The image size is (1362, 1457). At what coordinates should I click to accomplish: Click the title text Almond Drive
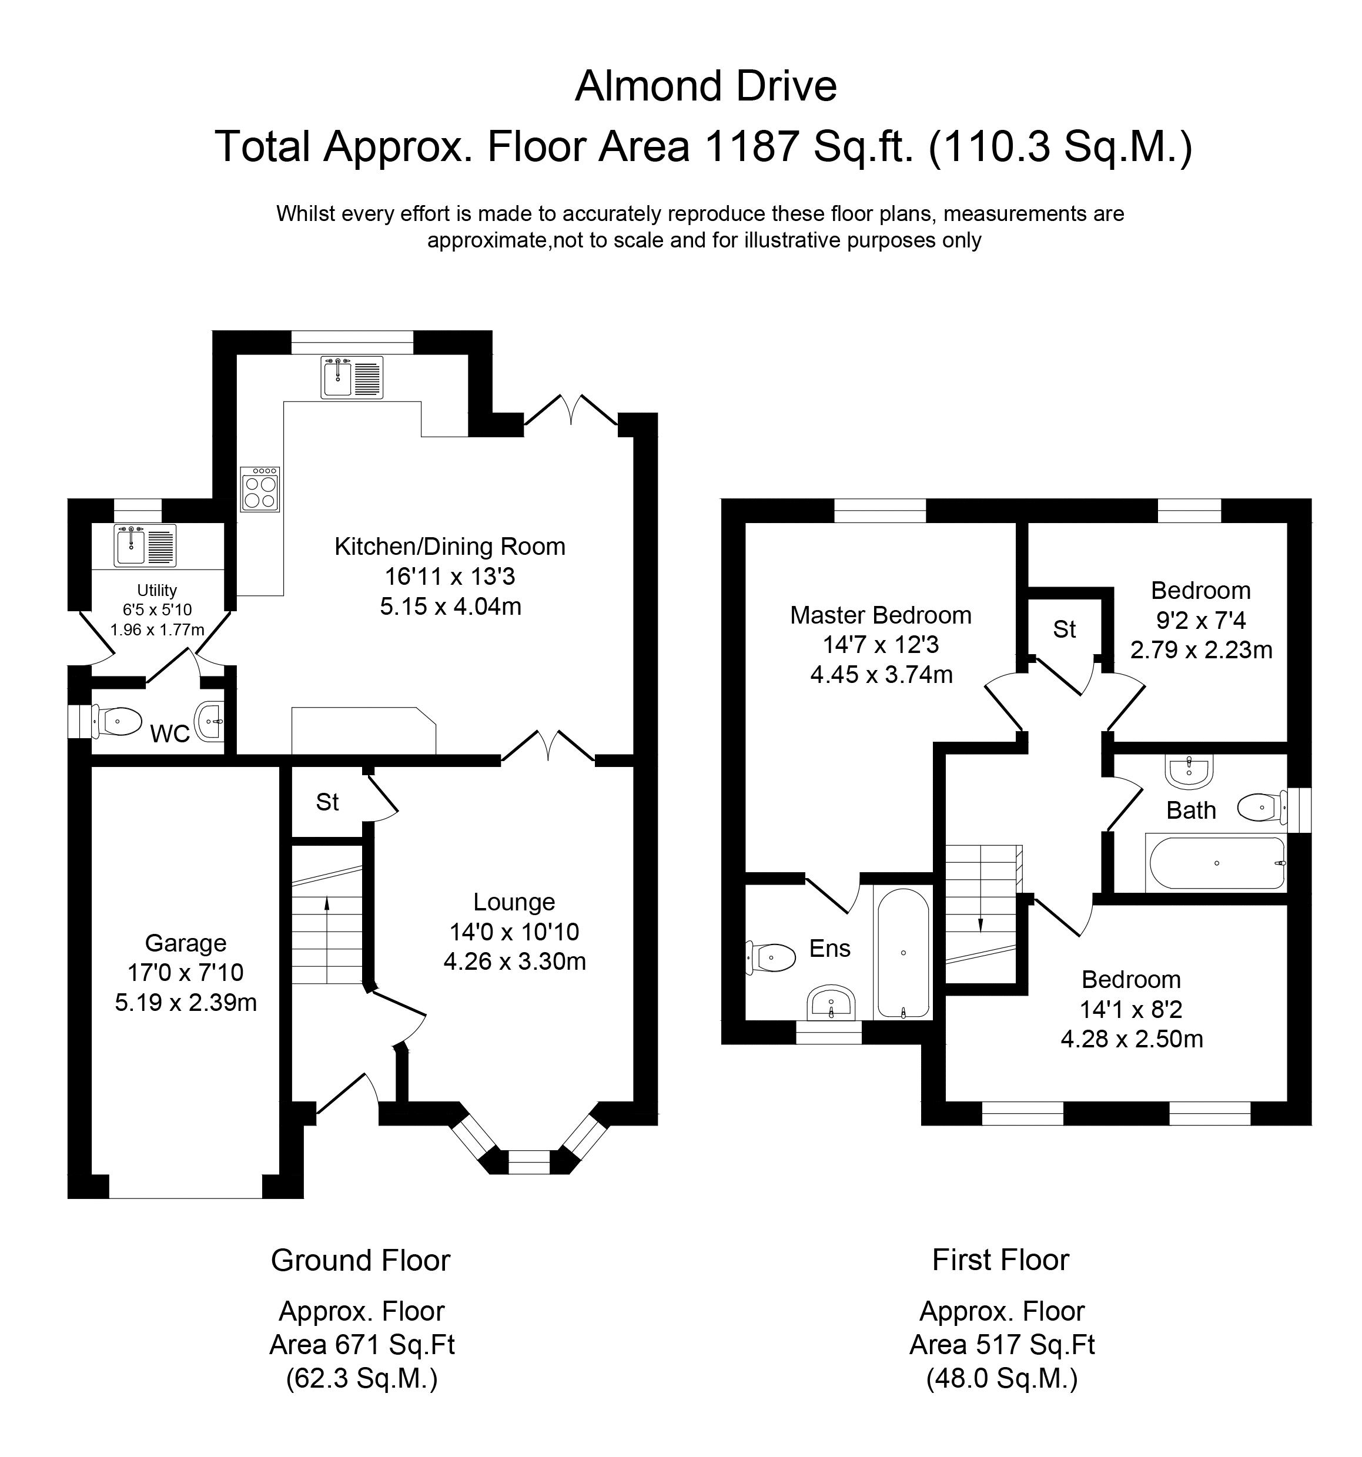coord(705,86)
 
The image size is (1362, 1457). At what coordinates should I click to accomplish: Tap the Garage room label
coord(186,943)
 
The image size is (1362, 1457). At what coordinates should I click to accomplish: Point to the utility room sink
coord(145,546)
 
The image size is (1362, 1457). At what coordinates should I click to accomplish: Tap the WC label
coord(170,733)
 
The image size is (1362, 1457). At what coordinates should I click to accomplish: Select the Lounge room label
coord(514,902)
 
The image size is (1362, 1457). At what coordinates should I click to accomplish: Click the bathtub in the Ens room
coord(903,953)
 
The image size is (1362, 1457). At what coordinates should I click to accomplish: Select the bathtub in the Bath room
coord(1217,863)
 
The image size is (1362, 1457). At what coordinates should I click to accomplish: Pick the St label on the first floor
coord(1065,629)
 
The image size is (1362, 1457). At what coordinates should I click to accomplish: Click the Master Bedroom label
coord(881,615)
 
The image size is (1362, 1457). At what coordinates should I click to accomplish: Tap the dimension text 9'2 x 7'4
coord(1201,621)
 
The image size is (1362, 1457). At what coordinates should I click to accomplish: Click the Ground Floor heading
coord(361,1260)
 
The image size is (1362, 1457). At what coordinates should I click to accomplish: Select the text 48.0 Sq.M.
coord(1002,1379)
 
